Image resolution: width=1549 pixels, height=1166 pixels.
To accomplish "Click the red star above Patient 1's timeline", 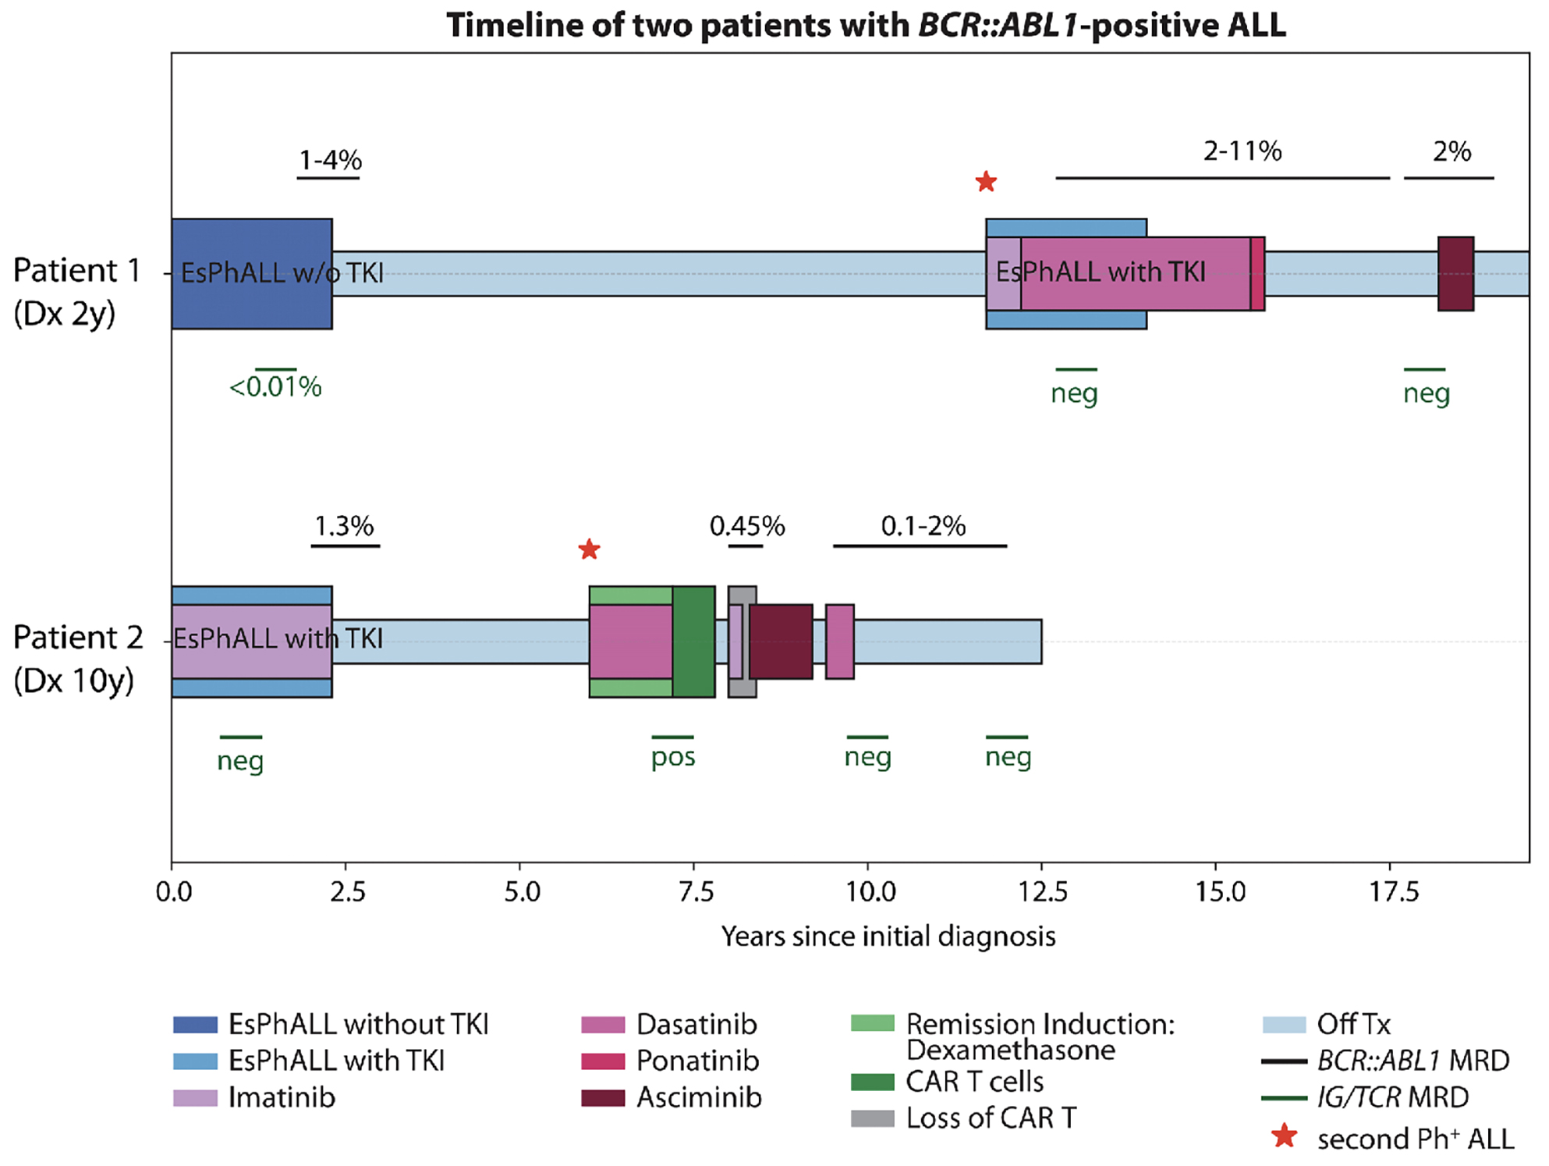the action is click(x=986, y=182).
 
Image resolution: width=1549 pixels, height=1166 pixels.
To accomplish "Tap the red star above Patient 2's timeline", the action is click(x=589, y=549).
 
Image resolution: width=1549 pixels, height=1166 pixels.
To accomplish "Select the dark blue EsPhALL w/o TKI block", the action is click(x=252, y=274).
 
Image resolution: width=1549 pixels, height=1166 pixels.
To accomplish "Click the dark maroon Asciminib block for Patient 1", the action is click(x=1455, y=274).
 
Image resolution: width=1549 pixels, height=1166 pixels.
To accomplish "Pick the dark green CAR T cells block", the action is click(x=693, y=642).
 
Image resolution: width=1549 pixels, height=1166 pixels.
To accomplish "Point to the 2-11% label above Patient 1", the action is click(x=1242, y=151).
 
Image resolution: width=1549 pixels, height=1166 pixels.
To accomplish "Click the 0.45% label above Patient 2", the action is click(x=746, y=526).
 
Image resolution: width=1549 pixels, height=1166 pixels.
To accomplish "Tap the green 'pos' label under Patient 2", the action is click(x=673, y=757).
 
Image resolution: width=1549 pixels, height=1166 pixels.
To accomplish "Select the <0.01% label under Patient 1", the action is click(x=275, y=386).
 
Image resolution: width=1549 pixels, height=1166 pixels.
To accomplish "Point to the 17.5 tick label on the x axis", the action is click(x=1390, y=891).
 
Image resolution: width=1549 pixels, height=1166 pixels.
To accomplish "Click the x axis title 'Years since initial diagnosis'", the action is click(x=888, y=936).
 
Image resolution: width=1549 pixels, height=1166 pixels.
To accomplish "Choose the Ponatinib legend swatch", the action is click(x=603, y=1061).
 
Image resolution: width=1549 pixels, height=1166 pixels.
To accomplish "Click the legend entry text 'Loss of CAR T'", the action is click(x=991, y=1118).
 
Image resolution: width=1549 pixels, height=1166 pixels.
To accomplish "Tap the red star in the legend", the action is click(x=1284, y=1136).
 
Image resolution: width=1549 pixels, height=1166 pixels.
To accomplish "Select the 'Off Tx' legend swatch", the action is click(x=1284, y=1025).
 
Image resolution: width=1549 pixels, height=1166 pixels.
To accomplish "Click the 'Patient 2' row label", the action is click(x=78, y=637).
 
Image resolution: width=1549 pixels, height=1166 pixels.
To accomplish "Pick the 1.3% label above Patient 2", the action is click(x=344, y=526).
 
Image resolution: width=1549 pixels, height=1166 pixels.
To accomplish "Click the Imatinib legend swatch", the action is click(x=195, y=1098).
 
